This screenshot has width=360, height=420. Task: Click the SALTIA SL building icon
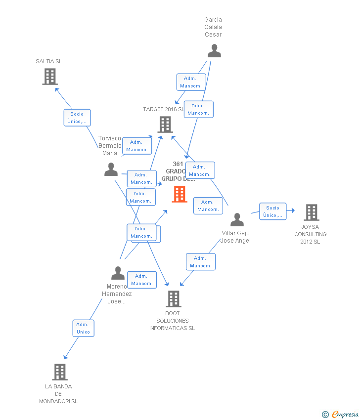(x=49, y=77)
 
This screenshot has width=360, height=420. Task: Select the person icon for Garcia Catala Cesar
(x=214, y=51)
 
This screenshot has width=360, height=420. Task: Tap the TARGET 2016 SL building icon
(x=165, y=125)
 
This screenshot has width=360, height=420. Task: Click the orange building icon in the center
(x=179, y=194)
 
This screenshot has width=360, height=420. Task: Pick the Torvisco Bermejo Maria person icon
(x=111, y=169)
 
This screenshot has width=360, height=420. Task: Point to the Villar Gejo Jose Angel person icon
(x=237, y=220)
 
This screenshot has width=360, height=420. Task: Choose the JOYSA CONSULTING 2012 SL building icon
(x=311, y=212)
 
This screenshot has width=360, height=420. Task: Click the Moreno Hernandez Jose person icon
(x=118, y=273)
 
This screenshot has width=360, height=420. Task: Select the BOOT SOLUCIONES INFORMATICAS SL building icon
(x=173, y=298)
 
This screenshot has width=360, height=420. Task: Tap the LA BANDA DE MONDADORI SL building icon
(x=59, y=372)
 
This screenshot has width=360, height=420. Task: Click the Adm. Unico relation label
(x=83, y=328)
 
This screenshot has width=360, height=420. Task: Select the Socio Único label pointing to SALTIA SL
(x=77, y=118)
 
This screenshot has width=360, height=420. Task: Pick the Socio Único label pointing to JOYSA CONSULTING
(x=273, y=211)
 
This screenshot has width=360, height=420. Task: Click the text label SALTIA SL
(x=49, y=61)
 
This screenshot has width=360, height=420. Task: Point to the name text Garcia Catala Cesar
(x=213, y=27)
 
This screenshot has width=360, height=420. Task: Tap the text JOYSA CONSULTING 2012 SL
(x=311, y=234)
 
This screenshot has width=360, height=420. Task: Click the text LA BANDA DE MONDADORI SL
(x=58, y=394)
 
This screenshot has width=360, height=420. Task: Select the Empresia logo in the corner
(x=340, y=414)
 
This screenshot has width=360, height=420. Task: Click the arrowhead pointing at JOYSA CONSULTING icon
(x=293, y=210)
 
